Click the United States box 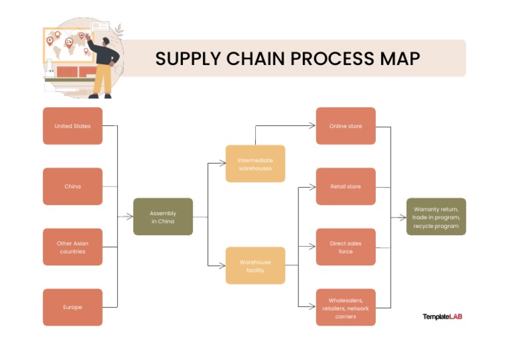pyautogui.click(x=73, y=126)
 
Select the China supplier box pyautogui.click(x=73, y=186)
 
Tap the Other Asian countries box pyautogui.click(x=73, y=247)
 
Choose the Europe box pyautogui.click(x=73, y=307)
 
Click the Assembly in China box pyautogui.click(x=163, y=217)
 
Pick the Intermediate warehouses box pyautogui.click(x=255, y=164)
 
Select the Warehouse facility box pyautogui.click(x=255, y=266)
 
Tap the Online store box pyautogui.click(x=345, y=126)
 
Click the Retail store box pyautogui.click(x=345, y=186)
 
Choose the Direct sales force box pyautogui.click(x=345, y=247)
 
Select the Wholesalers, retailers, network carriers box pyautogui.click(x=345, y=307)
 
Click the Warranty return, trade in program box pyautogui.click(x=436, y=217)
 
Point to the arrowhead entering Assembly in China pyautogui.click(x=129, y=217)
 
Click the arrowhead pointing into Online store pyautogui.click(x=312, y=126)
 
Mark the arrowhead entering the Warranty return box pyautogui.click(x=402, y=217)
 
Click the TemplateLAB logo pyautogui.click(x=442, y=317)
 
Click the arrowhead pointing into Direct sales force pyautogui.click(x=312, y=247)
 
